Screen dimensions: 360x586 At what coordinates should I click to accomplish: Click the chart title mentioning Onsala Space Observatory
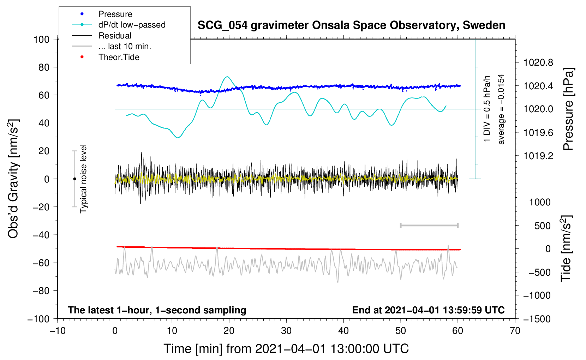pos(351,25)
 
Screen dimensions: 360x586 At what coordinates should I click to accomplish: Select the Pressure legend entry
pos(115,14)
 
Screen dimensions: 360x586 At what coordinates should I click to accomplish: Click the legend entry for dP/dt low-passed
pos(132,25)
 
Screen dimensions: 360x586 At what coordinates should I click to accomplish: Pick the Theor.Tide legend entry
pos(119,57)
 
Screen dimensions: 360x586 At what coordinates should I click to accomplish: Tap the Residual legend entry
pos(115,36)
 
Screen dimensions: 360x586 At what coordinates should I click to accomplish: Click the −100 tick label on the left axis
pos(38,319)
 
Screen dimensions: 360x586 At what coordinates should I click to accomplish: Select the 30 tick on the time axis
pos(286,331)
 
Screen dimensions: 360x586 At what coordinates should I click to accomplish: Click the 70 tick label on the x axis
pos(515,331)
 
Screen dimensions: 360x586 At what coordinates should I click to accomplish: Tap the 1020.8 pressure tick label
pos(538,63)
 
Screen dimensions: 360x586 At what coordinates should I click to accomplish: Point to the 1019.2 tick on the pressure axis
pos(538,156)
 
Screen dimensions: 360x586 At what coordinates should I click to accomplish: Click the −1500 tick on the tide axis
pos(537,319)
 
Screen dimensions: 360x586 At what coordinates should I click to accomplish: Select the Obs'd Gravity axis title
pos(13,179)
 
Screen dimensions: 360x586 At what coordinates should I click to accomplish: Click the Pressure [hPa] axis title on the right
pos(568,109)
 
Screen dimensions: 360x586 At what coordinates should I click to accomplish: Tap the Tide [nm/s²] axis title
pos(566,249)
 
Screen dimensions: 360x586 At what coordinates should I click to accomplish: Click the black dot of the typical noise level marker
pos(74,179)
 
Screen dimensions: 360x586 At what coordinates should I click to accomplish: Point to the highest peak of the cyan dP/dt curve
pos(227,77)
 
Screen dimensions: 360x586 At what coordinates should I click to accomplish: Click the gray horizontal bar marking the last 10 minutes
pos(429,225)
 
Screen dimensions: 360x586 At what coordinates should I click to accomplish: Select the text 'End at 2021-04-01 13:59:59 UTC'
pos(428,310)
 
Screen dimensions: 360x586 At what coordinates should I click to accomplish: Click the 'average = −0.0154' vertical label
pos(501,109)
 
